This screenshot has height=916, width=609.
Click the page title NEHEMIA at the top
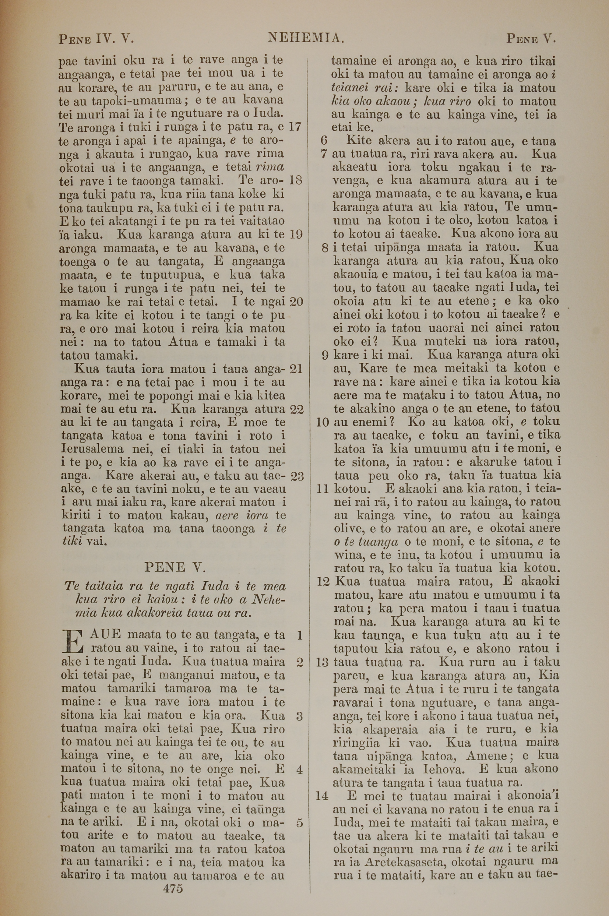click(306, 38)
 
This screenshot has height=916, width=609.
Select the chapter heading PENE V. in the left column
click(175, 567)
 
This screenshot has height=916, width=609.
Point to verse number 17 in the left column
click(296, 127)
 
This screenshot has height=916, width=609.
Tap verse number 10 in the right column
click(323, 422)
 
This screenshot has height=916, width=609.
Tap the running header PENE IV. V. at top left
click(96, 39)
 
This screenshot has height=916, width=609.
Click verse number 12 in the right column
click(323, 581)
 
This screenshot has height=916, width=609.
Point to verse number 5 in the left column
click(299, 823)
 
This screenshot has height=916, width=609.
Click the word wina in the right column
click(346, 555)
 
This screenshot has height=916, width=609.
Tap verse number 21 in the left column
click(296, 368)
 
